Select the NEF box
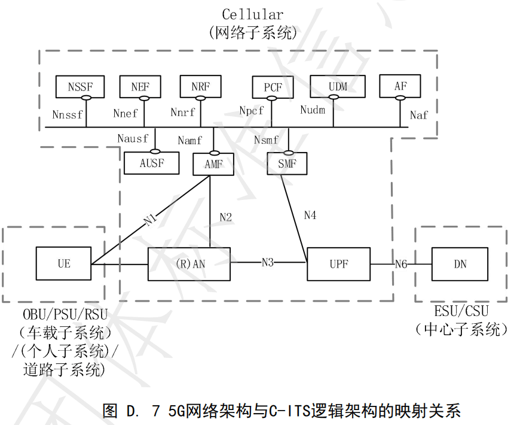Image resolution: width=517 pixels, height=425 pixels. point(140,86)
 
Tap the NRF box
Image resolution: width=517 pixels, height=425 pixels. point(200,86)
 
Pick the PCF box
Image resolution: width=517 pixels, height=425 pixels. point(273,88)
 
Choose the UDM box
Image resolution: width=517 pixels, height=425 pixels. point(338,86)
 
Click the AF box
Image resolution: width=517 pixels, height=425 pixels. point(400,86)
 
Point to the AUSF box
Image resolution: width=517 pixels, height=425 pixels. point(151,163)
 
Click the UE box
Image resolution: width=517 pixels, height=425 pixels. point(63,263)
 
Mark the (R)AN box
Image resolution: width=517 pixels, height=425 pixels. point(189,263)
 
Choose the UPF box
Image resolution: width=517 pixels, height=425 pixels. point(338,263)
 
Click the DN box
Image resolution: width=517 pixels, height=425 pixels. point(460,263)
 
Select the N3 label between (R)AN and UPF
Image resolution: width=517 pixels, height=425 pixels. point(268,262)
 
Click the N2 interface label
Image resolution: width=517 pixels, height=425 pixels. point(225,217)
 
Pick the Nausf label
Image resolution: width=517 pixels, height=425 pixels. point(133,139)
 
